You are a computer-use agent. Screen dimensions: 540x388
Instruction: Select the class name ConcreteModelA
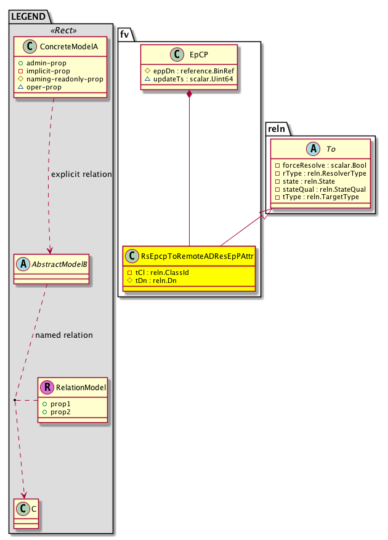coord(65,47)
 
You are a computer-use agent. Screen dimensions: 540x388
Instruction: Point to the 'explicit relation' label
coord(81,174)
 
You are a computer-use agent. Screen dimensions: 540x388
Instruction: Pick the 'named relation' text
coord(64,335)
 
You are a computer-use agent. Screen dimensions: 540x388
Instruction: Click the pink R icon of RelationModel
coord(47,388)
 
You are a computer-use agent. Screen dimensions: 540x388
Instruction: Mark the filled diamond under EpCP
coord(189,94)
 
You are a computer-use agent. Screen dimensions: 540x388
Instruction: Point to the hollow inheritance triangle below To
coord(264,214)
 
